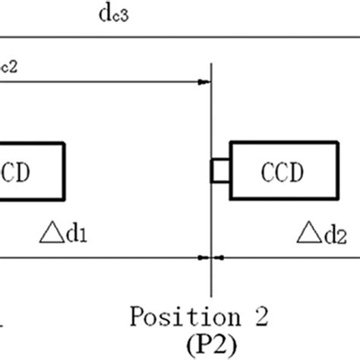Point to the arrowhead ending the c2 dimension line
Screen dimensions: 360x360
204,81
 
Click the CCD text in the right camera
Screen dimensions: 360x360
282,170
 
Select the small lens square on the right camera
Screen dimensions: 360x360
219,170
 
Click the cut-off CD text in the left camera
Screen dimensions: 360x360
17,170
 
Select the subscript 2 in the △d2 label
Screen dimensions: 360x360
342,236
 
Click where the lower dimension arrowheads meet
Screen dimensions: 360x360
211,257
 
